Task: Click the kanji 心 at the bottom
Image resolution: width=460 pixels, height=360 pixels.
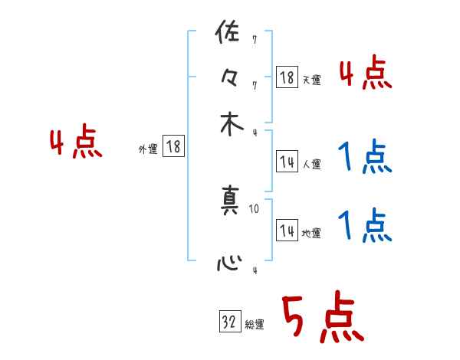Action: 229,264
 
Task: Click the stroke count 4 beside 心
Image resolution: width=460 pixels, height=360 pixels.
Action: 255,270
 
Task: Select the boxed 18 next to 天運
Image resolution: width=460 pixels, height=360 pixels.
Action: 287,77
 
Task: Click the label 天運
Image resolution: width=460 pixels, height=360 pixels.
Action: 311,80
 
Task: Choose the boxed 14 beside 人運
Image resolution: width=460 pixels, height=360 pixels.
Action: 287,161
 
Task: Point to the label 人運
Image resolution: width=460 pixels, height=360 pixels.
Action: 311,164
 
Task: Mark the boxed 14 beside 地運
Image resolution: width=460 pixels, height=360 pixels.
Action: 287,230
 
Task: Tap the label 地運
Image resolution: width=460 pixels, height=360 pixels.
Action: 311,233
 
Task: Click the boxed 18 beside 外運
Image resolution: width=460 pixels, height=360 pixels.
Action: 173,147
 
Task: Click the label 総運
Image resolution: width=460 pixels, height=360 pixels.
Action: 255,325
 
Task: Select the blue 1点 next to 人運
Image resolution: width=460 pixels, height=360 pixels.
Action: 365,157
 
